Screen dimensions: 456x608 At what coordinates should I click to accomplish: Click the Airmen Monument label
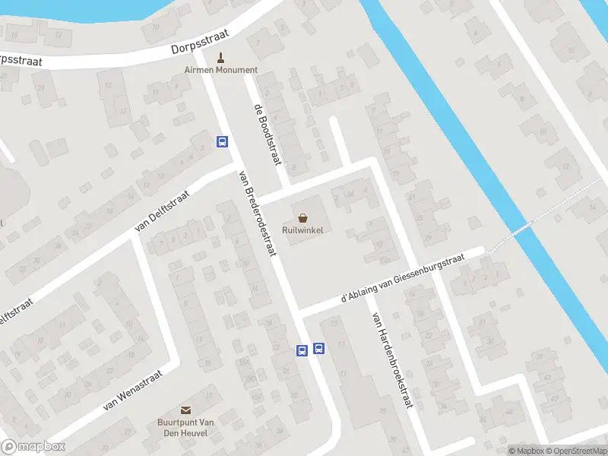tap(220, 70)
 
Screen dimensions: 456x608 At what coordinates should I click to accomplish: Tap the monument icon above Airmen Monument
tap(221, 57)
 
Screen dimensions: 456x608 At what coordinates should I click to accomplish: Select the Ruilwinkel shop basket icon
tap(303, 218)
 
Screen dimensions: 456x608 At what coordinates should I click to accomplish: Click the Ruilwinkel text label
tap(303, 231)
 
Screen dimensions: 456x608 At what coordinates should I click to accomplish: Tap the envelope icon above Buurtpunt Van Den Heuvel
tap(185, 410)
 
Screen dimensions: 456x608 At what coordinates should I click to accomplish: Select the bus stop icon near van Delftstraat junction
tap(223, 141)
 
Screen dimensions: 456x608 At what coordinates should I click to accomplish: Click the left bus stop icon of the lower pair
tap(302, 350)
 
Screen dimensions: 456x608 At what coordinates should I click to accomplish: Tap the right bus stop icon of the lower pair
tap(318, 350)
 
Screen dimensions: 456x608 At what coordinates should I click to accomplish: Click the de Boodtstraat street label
tap(268, 134)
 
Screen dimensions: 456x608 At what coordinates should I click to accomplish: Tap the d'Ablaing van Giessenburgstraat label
tap(402, 279)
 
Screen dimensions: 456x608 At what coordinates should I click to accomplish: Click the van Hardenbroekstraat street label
tap(391, 360)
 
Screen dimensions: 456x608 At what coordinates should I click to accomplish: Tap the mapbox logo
tap(33, 447)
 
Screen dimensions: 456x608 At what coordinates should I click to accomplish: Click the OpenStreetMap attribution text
tap(576, 451)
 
